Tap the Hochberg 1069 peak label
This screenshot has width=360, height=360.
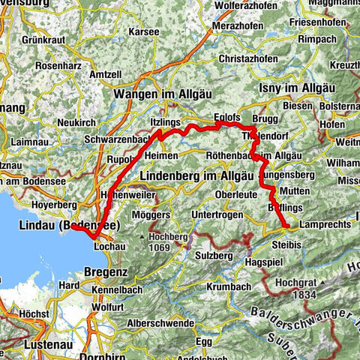169,241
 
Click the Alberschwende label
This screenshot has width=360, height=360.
158,321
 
